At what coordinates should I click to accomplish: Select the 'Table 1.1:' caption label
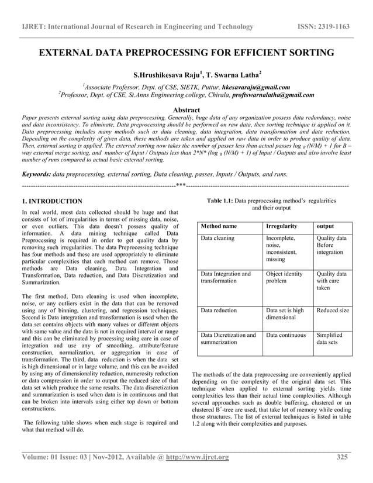pos(220,201)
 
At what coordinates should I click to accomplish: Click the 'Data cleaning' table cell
pos(217,239)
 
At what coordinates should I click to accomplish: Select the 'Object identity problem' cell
pos(284,277)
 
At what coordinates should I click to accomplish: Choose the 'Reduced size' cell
pos(332,310)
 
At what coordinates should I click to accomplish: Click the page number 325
pos(343,457)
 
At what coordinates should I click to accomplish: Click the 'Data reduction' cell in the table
pos(219,310)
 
